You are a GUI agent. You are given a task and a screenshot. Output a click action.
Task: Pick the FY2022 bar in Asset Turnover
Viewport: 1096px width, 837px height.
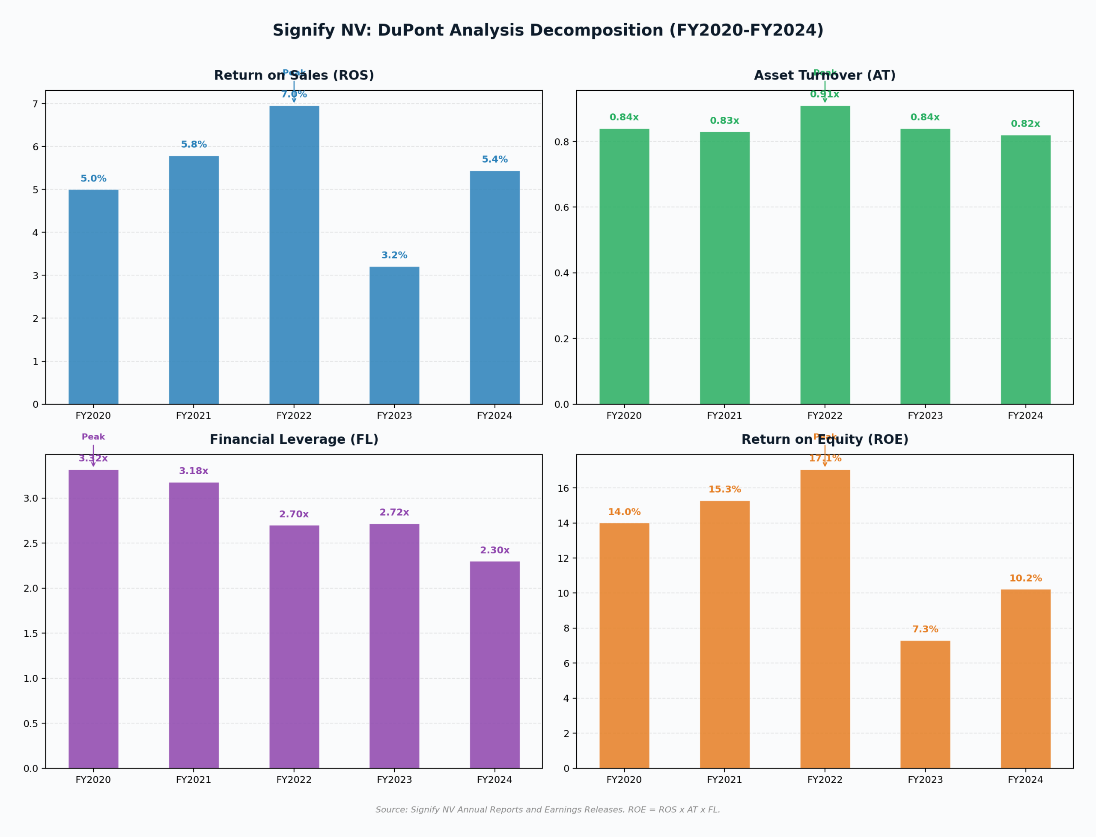[825, 255]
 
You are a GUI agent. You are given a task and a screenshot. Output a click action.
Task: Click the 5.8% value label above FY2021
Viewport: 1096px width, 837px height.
[194, 145]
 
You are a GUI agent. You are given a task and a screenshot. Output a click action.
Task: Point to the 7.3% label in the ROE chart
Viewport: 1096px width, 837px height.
[925, 629]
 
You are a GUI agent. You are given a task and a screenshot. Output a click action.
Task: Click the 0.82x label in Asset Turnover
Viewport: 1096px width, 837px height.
[1025, 124]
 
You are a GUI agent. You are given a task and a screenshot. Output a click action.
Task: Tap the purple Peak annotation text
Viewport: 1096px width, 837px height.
[93, 437]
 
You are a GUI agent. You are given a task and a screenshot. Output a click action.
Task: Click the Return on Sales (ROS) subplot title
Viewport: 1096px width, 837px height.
[294, 75]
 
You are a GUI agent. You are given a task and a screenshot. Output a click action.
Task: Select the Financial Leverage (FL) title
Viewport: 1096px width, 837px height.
[294, 439]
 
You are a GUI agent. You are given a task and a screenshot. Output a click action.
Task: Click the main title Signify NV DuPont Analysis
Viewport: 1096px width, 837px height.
[548, 30]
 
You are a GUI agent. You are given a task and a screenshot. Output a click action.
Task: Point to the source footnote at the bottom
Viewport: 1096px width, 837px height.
[548, 810]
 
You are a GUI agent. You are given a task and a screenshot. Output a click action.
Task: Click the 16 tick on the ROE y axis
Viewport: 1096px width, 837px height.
[563, 488]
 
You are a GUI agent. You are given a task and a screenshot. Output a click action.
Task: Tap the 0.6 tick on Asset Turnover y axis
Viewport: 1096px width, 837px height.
[561, 207]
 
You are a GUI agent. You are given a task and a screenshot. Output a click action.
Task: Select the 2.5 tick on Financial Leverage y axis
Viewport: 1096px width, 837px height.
[30, 543]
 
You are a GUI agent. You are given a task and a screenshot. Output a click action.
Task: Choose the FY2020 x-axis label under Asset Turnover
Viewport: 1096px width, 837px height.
[624, 416]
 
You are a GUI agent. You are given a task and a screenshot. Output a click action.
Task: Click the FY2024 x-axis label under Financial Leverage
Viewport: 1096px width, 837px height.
[494, 780]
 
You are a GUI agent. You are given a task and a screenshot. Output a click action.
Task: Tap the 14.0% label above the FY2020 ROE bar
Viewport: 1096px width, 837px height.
[624, 512]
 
